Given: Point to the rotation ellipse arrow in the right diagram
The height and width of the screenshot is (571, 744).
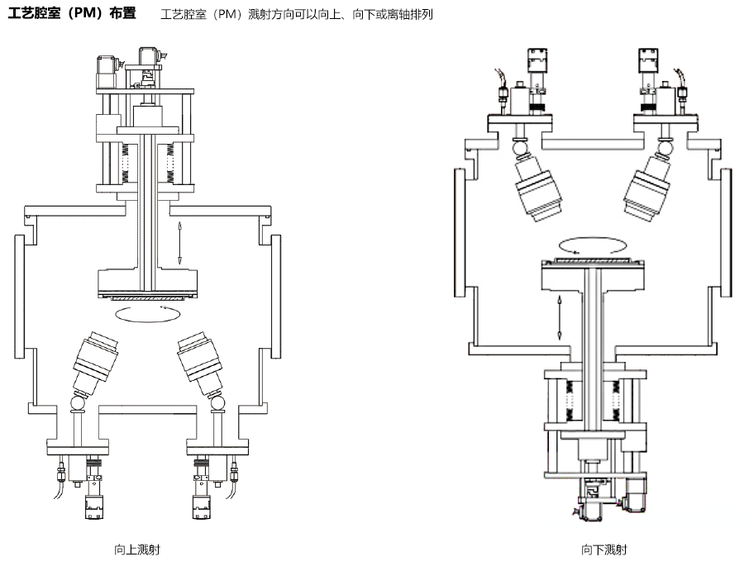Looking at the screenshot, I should tap(590, 245).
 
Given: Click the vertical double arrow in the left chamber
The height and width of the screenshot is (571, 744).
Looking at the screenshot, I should tap(179, 243).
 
